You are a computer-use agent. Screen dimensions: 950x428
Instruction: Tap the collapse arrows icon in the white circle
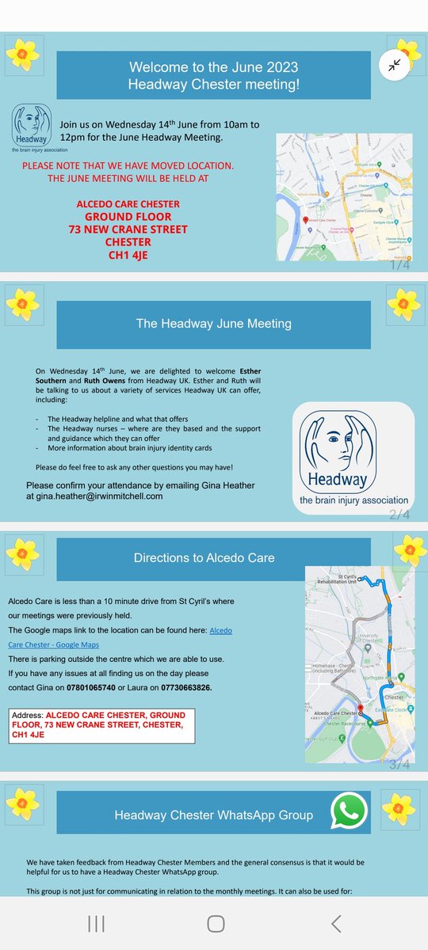tap(394, 66)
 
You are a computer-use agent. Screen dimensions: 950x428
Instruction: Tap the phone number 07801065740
tap(113, 687)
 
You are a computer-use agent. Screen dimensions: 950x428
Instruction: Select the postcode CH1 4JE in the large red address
tap(123, 256)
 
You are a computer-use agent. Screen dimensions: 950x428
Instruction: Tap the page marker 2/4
tap(399, 515)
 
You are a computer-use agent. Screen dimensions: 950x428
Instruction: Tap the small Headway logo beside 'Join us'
tap(32, 126)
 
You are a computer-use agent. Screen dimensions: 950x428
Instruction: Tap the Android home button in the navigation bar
tap(215, 922)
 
